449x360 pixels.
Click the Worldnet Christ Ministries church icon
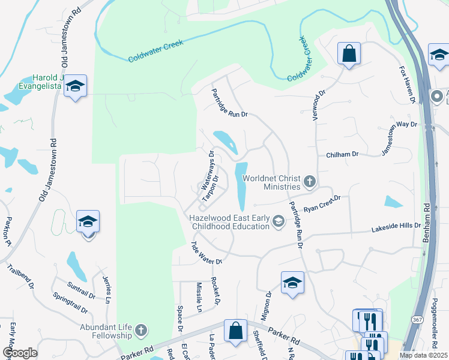[x=310, y=181]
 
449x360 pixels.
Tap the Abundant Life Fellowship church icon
[x=140, y=330]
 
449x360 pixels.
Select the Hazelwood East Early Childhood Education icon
[x=279, y=222]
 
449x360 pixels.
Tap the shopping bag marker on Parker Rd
[x=235, y=329]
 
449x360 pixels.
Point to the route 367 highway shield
[x=417, y=320]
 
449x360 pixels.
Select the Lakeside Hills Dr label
[x=396, y=228]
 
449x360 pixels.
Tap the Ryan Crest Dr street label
[x=322, y=204]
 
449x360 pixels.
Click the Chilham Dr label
[x=342, y=154]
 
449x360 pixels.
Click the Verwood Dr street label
[x=318, y=105]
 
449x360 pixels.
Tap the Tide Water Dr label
[x=206, y=253]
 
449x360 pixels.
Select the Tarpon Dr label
[x=208, y=189]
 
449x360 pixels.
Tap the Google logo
[x=20, y=353]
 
